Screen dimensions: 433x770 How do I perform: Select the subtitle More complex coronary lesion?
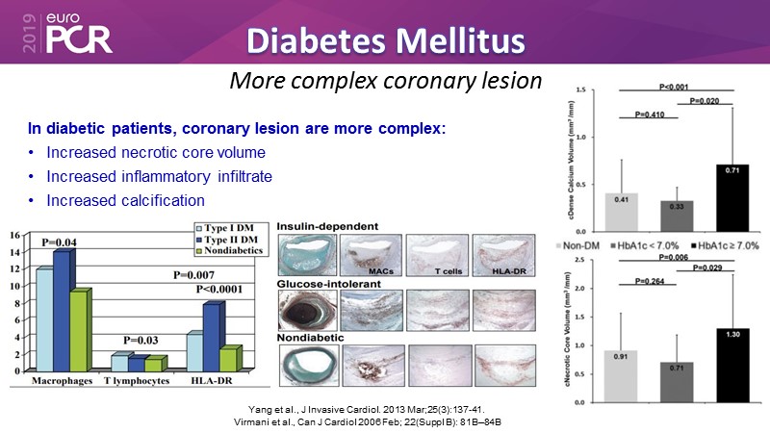(386, 80)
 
